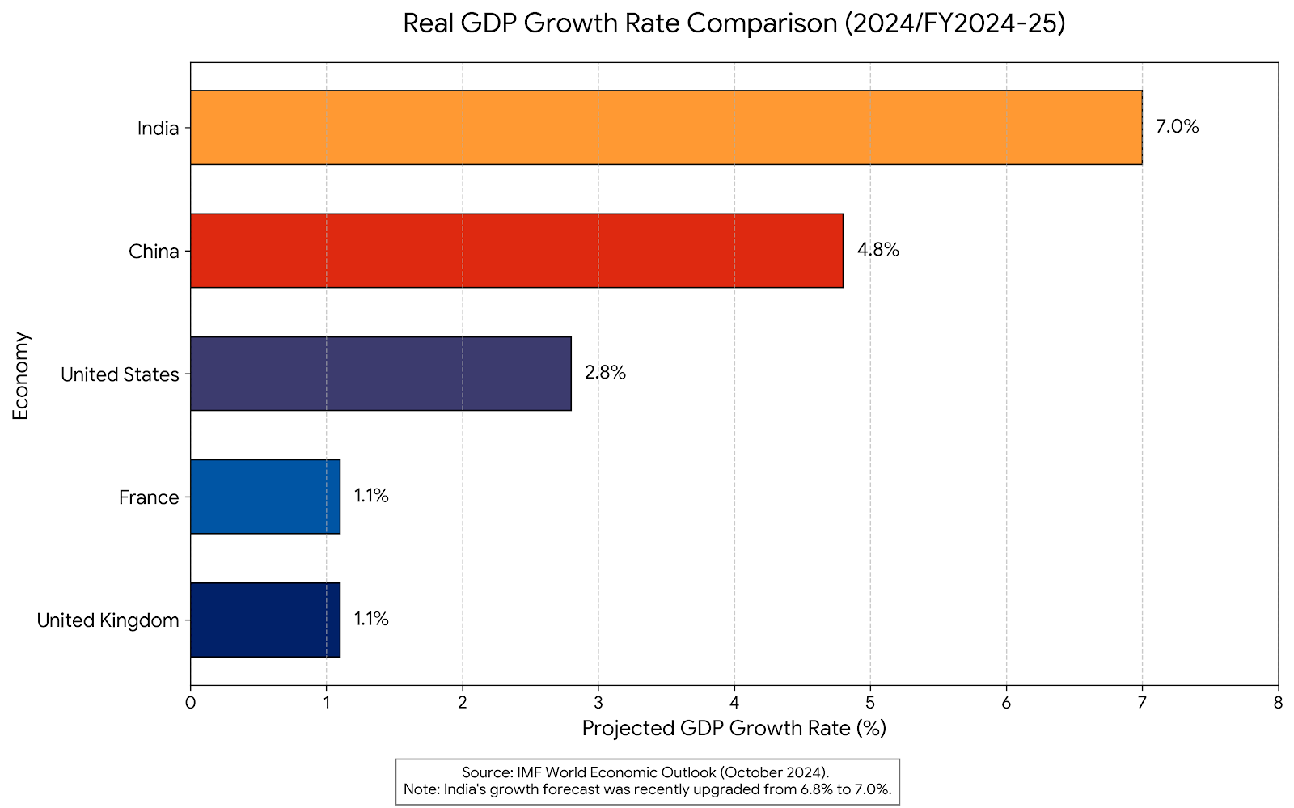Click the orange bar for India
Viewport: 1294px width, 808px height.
click(666, 128)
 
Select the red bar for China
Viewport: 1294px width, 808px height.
click(516, 251)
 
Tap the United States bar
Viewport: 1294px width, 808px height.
click(380, 374)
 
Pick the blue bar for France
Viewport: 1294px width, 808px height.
click(265, 497)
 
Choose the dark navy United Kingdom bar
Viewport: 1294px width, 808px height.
click(265, 620)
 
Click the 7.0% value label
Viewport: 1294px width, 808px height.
click(1177, 127)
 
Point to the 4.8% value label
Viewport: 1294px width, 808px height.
click(877, 250)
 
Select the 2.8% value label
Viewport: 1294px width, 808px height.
click(605, 373)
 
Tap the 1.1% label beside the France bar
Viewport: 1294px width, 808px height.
click(371, 496)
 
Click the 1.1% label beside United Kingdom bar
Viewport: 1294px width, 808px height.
click(371, 619)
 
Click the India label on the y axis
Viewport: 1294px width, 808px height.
click(158, 128)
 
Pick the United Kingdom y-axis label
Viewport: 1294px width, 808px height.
click(108, 620)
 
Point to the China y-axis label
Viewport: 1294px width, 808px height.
click(154, 252)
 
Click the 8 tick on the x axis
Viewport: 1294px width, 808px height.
click(1278, 703)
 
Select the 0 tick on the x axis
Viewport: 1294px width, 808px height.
click(190, 703)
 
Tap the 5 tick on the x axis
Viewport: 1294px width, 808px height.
click(870, 703)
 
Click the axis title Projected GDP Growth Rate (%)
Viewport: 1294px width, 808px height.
click(734, 729)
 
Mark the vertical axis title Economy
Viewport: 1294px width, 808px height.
click(21, 375)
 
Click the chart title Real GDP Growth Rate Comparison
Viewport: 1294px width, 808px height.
click(734, 23)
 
